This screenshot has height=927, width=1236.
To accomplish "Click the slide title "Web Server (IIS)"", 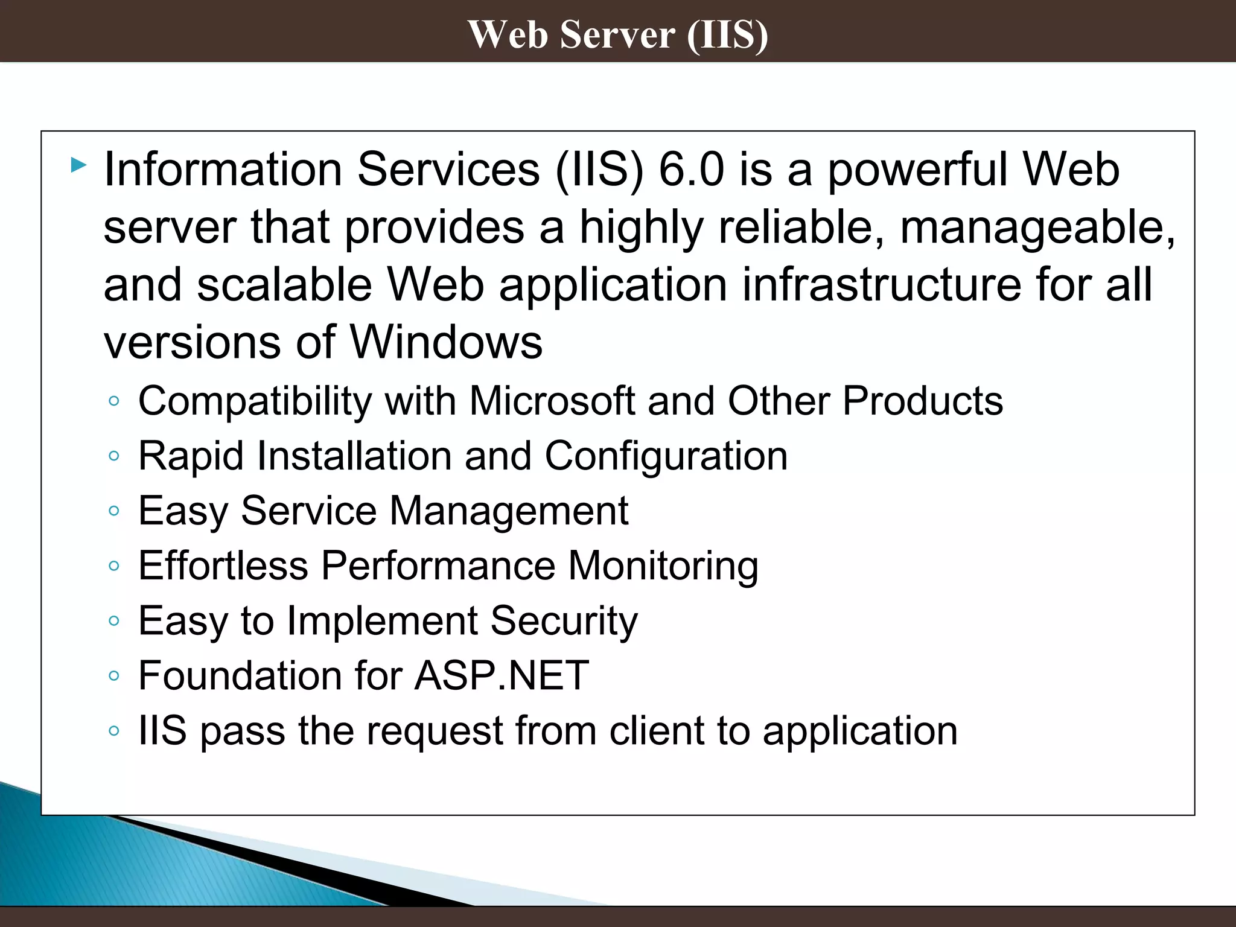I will [618, 34].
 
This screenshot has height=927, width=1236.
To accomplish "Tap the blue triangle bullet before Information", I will [78, 165].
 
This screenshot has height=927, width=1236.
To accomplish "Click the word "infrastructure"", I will [881, 285].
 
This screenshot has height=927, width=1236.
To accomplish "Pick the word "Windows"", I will [446, 342].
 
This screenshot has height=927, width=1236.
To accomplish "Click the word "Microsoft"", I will [552, 401].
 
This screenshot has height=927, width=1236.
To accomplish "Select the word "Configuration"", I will [666, 456].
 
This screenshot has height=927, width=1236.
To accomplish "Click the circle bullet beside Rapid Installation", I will [114, 456].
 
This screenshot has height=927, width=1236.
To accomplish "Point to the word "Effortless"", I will [223, 565].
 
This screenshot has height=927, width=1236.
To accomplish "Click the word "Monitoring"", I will [663, 567].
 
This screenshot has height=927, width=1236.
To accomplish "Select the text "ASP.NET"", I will [502, 675].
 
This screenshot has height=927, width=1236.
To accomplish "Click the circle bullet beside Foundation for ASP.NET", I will [114, 676].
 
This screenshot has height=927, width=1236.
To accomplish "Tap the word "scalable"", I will [284, 285].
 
